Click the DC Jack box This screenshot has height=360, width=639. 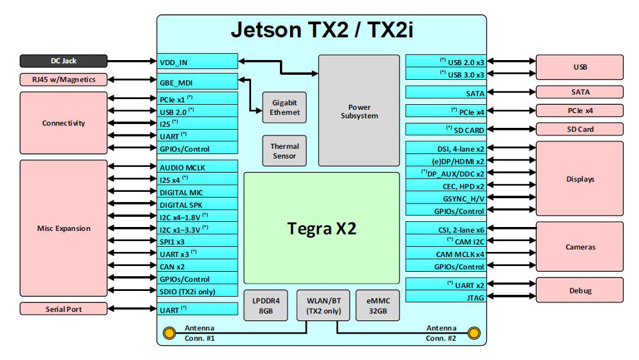tap(63, 61)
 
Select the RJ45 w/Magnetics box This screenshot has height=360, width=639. tap(63, 80)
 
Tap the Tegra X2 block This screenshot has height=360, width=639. tap(321, 228)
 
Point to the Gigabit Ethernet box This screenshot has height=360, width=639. tap(285, 107)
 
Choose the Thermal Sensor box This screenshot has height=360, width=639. tap(285, 151)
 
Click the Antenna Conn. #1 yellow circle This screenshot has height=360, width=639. tap(169, 333)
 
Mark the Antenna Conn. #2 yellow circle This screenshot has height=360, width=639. tap(473, 333)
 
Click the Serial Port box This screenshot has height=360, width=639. tap(63, 309)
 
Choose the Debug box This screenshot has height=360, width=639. tap(580, 290)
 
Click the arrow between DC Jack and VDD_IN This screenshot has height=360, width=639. tap(132, 62)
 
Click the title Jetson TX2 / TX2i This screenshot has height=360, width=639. tap(321, 30)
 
